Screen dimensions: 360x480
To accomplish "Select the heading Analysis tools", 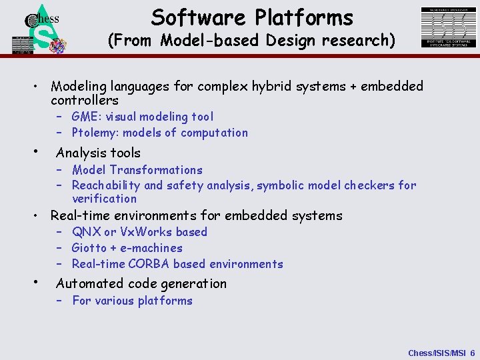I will [98, 153].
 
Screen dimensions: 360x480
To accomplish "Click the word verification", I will [104, 199].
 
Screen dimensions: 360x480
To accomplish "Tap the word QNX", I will [86, 232].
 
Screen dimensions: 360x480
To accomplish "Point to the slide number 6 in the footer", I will [472, 353].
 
